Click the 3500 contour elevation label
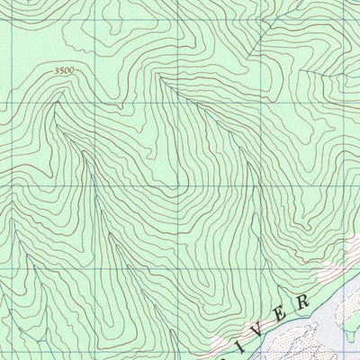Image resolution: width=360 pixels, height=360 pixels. [x=64, y=70]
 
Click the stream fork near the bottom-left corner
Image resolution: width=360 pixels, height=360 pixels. [x=27, y=270]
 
